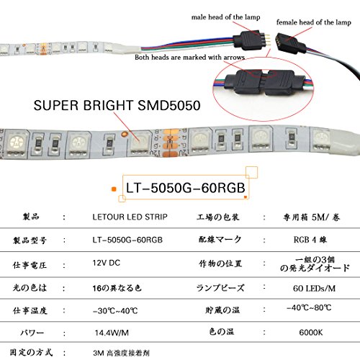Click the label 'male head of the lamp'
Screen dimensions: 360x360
point(225,17)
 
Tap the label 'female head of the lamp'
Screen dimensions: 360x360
point(314,22)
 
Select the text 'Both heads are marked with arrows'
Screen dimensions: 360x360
point(189,58)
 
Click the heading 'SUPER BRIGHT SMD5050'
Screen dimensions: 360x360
point(117,105)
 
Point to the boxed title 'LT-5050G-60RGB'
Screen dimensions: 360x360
point(186,188)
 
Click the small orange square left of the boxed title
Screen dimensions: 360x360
point(114,189)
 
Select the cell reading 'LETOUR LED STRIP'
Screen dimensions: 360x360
point(130,217)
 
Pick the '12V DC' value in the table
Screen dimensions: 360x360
point(107,263)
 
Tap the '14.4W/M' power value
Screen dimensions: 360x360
point(112,333)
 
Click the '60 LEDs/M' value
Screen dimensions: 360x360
point(314,288)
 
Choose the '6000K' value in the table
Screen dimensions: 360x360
point(311,333)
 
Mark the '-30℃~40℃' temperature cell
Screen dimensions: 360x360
point(115,311)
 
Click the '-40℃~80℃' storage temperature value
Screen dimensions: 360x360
point(309,307)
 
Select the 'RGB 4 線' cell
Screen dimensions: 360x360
point(310,240)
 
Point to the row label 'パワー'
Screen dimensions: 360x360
point(32,333)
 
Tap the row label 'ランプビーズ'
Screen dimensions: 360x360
point(220,288)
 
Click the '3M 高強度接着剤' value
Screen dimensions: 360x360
point(121,353)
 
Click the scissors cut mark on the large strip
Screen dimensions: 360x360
point(170,142)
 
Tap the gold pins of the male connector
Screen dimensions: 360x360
point(267,40)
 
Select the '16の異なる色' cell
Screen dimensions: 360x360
point(117,288)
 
